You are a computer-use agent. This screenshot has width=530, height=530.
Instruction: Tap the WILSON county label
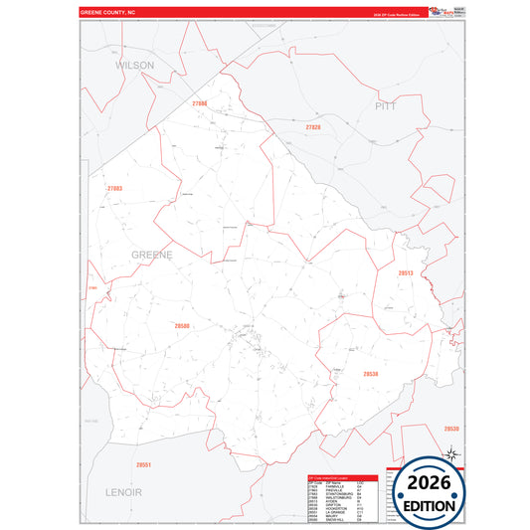[x=136, y=64]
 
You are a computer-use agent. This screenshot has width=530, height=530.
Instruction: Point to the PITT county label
[x=386, y=104]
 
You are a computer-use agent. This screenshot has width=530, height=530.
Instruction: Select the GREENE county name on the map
[x=152, y=255]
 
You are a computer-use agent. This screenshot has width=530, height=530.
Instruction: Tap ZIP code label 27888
[x=199, y=103]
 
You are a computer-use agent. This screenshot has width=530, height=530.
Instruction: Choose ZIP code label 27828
[x=313, y=128]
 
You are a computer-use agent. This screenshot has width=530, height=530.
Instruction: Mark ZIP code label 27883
[x=115, y=188]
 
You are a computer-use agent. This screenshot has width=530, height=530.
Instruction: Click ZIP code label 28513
[x=406, y=272]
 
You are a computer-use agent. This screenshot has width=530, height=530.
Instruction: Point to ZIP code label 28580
[x=181, y=325]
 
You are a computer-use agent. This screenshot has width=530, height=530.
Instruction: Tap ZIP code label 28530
[x=450, y=429]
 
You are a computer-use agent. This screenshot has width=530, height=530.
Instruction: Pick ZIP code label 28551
[x=143, y=464]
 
